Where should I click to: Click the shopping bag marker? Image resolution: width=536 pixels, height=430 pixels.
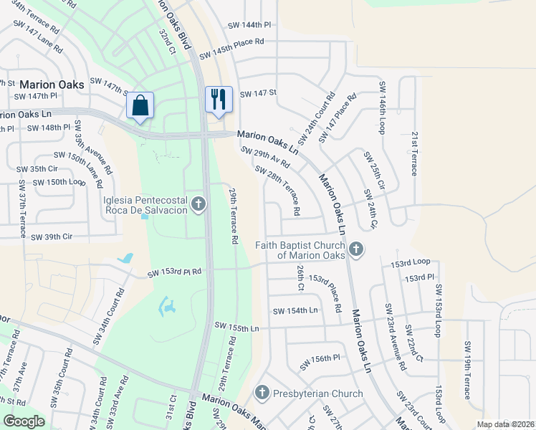140,105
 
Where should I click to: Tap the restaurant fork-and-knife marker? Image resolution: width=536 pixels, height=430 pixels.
219,99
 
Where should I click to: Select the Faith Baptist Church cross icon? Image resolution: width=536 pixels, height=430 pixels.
356,250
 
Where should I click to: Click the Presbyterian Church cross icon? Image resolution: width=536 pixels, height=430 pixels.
262,393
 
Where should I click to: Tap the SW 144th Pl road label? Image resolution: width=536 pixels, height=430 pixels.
249,24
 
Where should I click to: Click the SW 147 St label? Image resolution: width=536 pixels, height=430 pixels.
258,94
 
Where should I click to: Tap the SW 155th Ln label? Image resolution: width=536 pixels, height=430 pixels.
236,328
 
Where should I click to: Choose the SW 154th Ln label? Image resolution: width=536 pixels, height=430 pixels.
295,311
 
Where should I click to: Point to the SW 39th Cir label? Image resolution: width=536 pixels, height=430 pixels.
49,236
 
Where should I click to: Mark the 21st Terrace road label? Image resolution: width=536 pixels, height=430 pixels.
414,153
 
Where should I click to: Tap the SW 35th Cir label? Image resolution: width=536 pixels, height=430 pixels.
37,169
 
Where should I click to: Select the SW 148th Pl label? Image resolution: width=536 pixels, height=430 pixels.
49,128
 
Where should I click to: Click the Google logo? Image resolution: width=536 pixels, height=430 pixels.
24,421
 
